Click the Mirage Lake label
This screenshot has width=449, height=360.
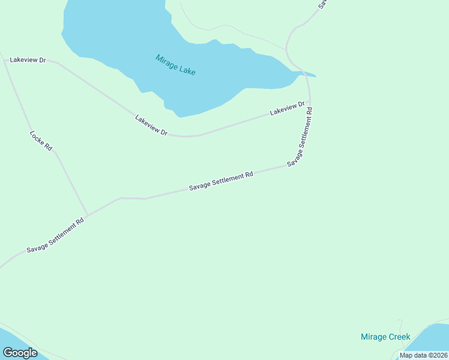[x=175, y=65]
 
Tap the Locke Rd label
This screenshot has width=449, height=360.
[x=41, y=140]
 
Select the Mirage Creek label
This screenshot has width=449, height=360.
[x=385, y=337]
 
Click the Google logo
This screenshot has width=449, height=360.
[x=20, y=353]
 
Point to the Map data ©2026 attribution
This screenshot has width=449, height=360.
[x=423, y=355]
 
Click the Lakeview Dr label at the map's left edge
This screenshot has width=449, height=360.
[x=28, y=61]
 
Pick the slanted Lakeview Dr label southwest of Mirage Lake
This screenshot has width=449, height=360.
[x=151, y=125]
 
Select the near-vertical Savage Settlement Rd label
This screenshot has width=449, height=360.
[x=301, y=137]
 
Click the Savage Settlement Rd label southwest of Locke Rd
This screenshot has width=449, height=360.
[x=55, y=235]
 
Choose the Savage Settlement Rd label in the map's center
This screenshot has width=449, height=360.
[x=221, y=181]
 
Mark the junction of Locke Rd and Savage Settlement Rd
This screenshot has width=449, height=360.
[x=88, y=215]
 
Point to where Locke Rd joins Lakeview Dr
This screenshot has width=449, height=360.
[x=5, y=61]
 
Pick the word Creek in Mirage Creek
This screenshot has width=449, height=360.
[x=399, y=337]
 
